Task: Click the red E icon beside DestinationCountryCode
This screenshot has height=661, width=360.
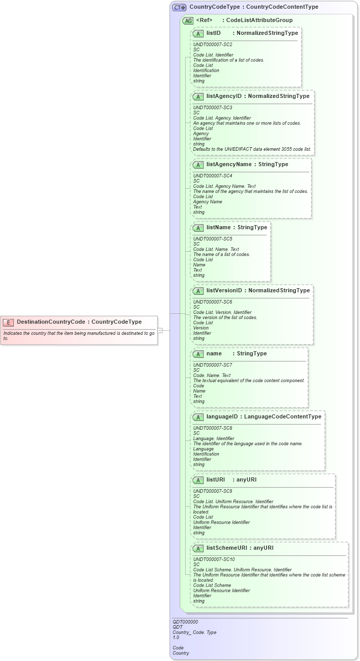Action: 8,322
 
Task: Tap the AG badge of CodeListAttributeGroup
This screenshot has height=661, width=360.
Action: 188,21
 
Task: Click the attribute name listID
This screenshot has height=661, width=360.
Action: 213,33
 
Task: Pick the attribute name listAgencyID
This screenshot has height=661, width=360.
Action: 224,96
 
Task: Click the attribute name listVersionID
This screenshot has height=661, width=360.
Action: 224,290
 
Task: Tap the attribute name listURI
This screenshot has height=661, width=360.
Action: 215,479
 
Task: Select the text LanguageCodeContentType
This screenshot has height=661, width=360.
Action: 283,416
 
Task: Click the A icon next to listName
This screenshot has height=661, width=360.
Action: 198,228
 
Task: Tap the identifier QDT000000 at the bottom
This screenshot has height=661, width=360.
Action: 185,622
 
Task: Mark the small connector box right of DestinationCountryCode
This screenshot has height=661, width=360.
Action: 160,330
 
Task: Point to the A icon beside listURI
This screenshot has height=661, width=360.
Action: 198,480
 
